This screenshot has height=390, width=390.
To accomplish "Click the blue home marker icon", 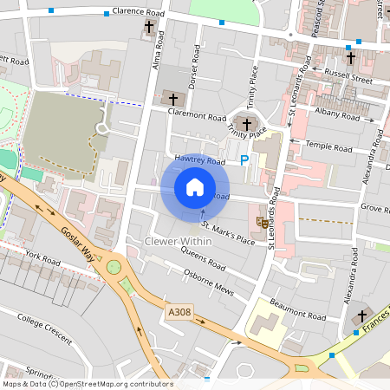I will point(195,187).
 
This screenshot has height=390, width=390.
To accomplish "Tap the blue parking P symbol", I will point(244,159).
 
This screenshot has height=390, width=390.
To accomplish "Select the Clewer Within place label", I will point(179,240).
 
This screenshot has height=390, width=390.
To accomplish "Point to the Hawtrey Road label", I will point(199,161).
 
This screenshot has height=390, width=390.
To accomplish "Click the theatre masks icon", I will point(261,223).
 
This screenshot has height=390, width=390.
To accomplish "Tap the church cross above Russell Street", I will point(351,59).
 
